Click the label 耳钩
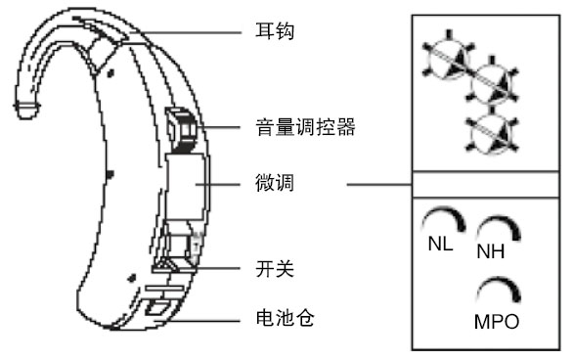tap(275, 30)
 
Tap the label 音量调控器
tap(305, 127)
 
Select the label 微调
tap(275, 183)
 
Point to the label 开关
tap(275, 268)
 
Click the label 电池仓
tap(285, 318)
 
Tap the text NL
tap(440, 244)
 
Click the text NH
tap(491, 251)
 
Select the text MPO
tap(497, 322)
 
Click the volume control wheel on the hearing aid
tap(182, 130)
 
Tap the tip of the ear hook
tap(26, 111)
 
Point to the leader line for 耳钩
tap(185, 33)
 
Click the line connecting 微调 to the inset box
tap(379, 184)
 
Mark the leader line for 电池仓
tap(198, 321)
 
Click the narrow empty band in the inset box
tap(486, 184)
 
